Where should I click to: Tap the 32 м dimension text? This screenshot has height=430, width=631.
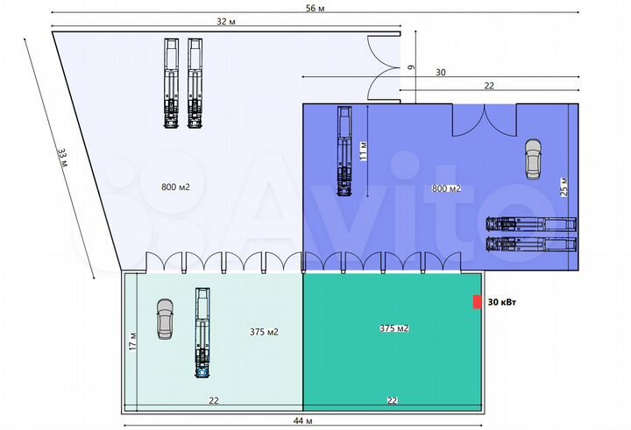[226, 21]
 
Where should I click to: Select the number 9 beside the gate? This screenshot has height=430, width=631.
[410, 67]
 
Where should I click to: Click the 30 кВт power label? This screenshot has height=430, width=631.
[503, 302]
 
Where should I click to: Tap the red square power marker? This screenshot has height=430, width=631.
[477, 302]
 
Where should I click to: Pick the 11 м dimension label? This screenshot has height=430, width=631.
[362, 152]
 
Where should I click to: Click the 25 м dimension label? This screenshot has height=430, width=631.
[564, 187]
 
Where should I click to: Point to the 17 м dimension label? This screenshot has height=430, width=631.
[133, 339]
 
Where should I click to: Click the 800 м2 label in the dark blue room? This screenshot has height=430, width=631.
[446, 188]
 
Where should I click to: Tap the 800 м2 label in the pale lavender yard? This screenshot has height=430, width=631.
[175, 187]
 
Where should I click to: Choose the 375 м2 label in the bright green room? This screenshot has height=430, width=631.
[394, 328]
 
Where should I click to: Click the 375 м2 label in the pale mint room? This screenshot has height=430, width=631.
[264, 332]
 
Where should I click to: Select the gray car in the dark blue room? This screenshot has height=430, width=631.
[532, 159]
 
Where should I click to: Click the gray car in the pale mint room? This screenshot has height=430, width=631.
[165, 319]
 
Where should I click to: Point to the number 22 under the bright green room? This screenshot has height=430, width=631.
[393, 400]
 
